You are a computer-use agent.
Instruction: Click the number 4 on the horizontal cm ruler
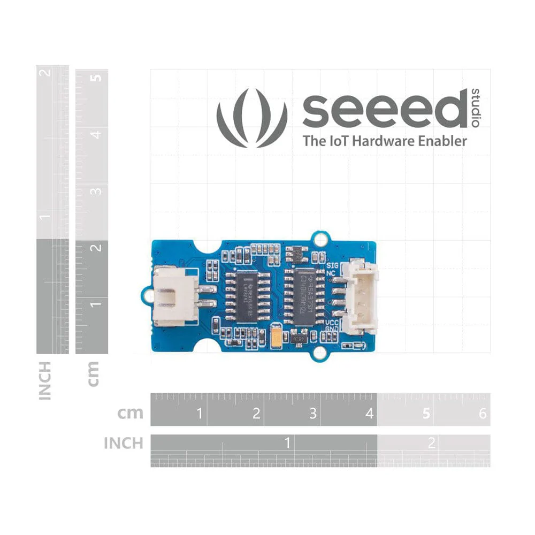369,414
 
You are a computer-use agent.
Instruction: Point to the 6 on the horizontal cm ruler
483,414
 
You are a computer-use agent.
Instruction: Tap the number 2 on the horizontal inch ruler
431,443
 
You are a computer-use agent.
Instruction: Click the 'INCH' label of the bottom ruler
124,444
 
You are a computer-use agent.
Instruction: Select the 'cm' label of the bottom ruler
131,413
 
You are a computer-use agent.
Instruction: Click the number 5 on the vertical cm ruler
96,78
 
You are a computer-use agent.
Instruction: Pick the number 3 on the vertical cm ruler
96,191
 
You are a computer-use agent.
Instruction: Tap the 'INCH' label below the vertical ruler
45,380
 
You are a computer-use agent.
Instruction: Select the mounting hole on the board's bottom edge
320,353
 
